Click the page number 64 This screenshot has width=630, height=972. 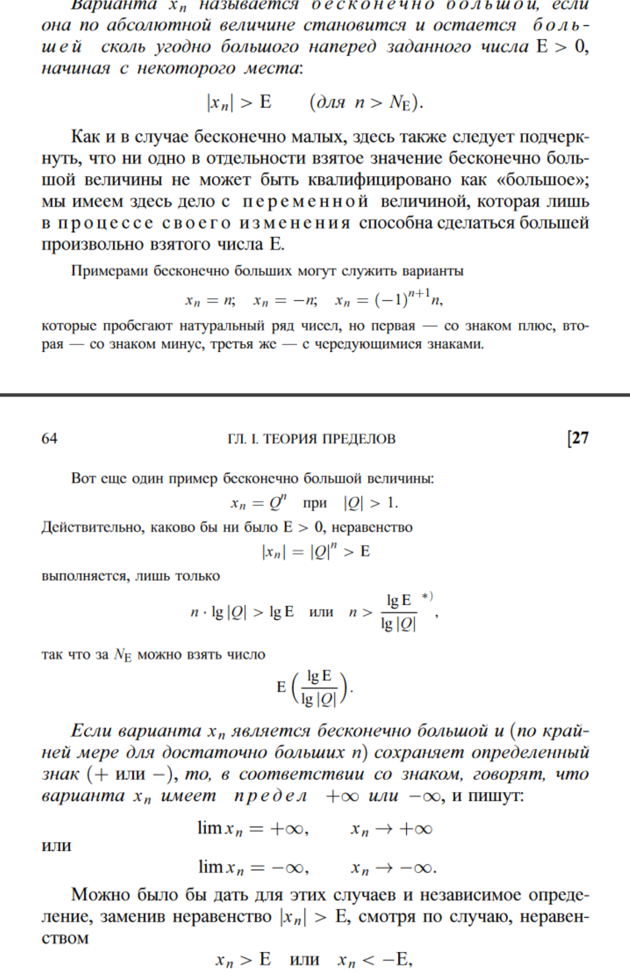point(49,439)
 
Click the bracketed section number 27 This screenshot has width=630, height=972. point(578,438)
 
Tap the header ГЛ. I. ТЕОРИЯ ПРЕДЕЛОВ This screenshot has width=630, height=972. point(311,439)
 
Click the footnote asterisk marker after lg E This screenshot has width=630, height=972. point(427,596)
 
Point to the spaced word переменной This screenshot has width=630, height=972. point(305,201)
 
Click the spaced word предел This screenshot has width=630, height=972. point(271,796)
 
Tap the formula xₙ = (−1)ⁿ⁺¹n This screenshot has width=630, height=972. point(389,300)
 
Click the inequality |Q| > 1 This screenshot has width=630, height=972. point(371,503)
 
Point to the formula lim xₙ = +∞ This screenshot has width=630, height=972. point(253,829)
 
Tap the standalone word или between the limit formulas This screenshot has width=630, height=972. point(56,846)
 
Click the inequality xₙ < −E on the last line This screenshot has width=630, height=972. point(375,960)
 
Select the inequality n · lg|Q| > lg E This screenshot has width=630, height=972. point(242,612)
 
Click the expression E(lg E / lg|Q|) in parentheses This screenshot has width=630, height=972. point(314,687)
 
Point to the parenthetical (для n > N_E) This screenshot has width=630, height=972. point(366,102)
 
